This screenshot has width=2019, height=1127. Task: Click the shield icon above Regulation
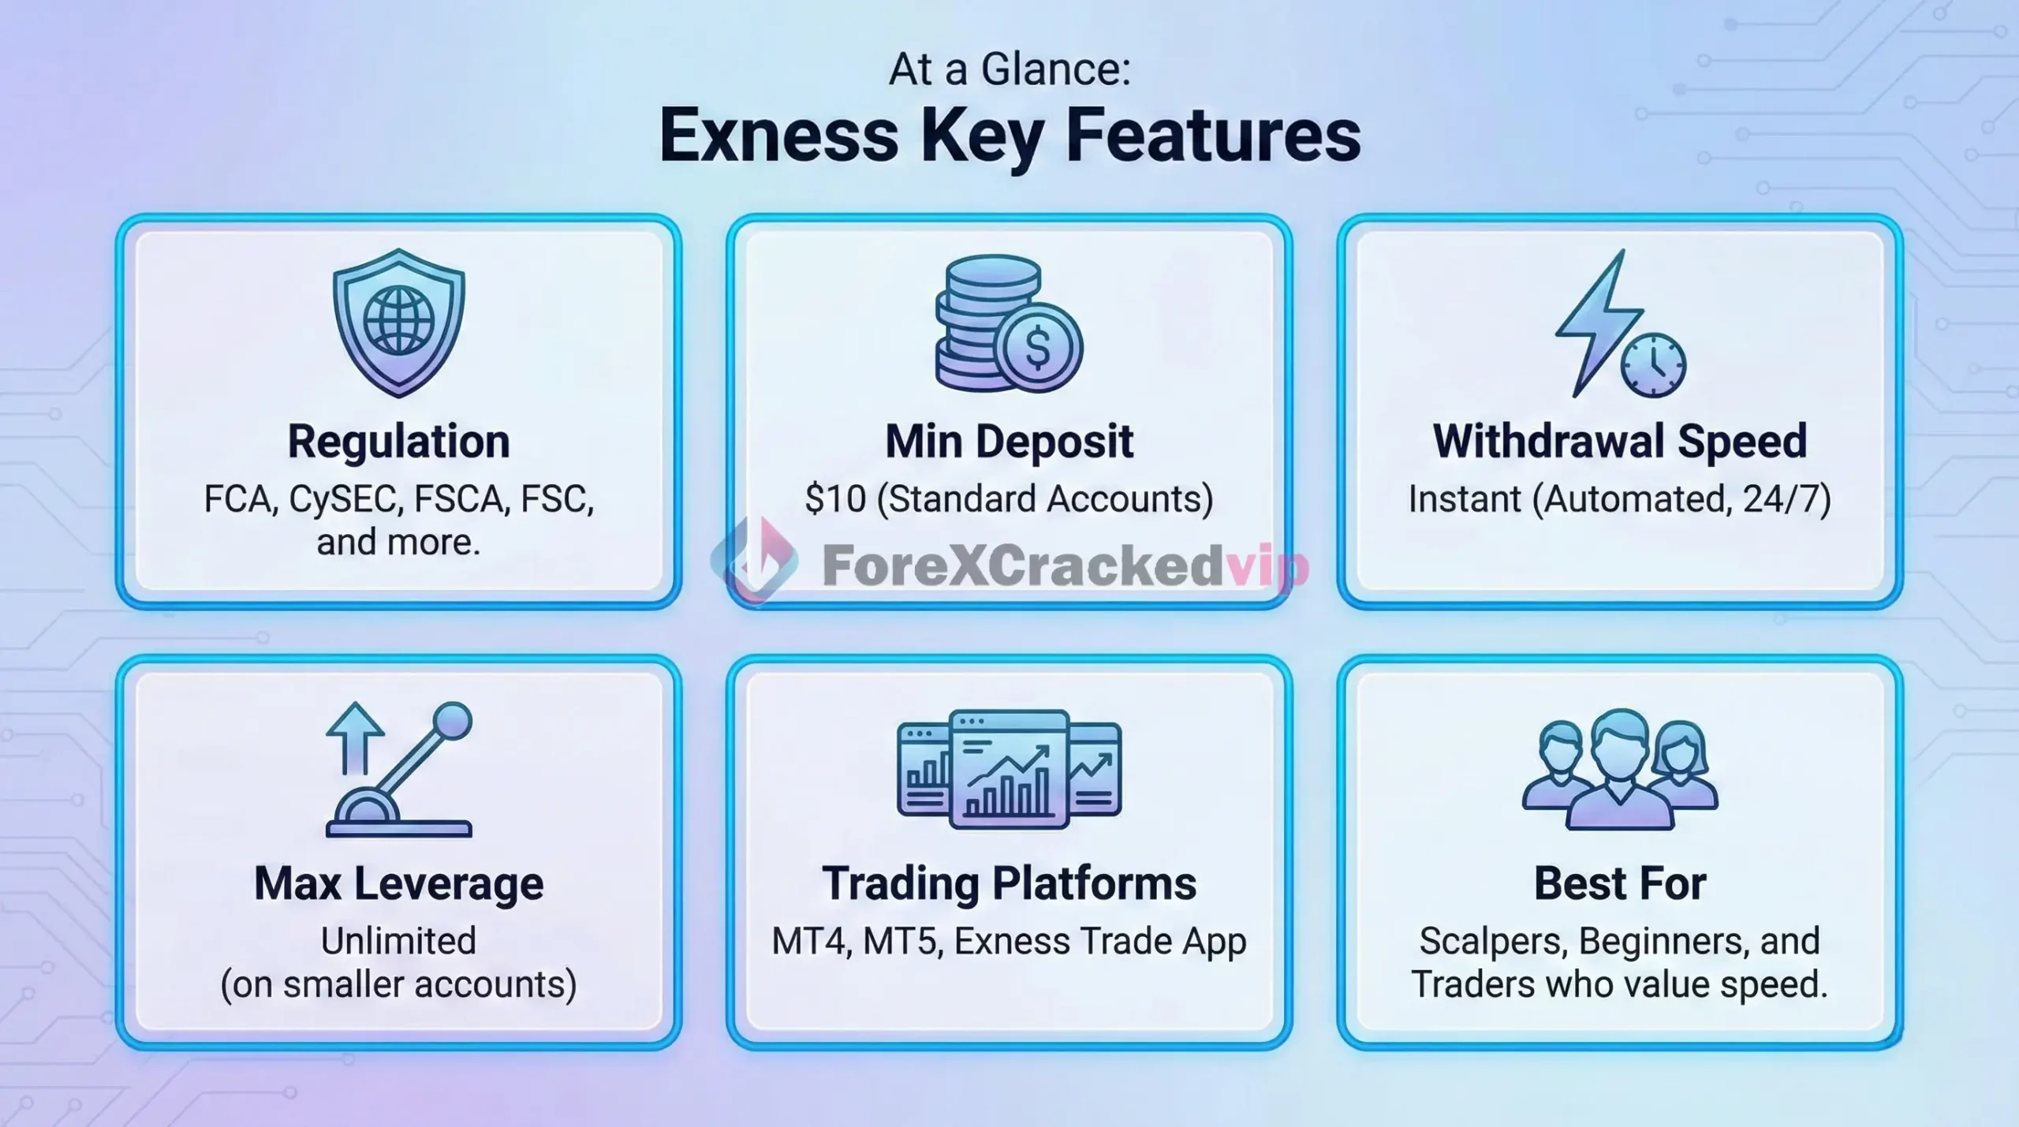tap(398, 323)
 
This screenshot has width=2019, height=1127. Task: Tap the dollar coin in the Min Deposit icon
tap(1038, 347)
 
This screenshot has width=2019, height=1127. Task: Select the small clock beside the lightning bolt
tap(1653, 365)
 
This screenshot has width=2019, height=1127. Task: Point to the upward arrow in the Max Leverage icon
tap(355, 737)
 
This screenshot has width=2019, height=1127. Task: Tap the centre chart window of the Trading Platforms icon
tap(1009, 769)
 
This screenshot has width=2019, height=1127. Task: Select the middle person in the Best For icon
tap(1621, 769)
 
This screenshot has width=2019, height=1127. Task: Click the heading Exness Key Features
tap(1009, 136)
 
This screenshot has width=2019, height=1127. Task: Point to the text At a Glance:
tap(1009, 69)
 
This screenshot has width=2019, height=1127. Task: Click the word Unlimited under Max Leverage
tap(398, 941)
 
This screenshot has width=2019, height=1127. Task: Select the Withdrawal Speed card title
tap(1620, 441)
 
